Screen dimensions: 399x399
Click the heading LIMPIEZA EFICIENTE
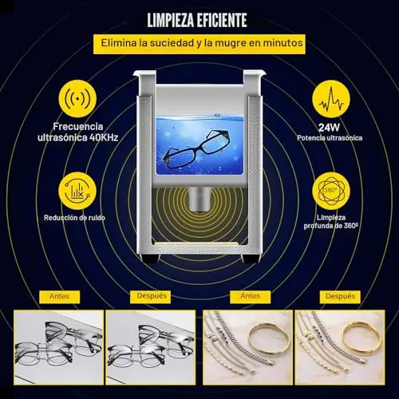(197, 20)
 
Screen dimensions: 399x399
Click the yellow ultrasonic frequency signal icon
(77, 99)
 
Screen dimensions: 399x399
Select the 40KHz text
(104, 138)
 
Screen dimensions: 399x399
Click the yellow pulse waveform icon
(331, 99)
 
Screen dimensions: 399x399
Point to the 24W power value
(330, 128)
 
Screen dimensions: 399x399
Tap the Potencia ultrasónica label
(330, 138)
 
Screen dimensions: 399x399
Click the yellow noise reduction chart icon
(77, 191)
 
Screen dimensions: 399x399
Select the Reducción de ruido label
(74, 218)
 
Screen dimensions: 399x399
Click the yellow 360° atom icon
(331, 191)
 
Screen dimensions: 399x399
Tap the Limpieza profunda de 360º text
(331, 222)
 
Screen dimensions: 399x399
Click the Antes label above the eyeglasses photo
(59, 296)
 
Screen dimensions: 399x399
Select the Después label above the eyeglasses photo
(152, 296)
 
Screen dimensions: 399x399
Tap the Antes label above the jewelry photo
(251, 296)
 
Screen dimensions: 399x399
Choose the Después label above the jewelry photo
(341, 296)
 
